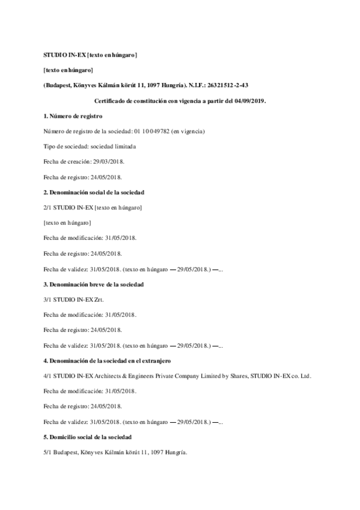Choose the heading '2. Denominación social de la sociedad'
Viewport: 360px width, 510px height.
[x=94, y=192]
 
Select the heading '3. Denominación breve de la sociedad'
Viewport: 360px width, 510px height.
[x=93, y=284]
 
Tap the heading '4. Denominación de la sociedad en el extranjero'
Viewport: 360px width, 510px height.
[x=108, y=360]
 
